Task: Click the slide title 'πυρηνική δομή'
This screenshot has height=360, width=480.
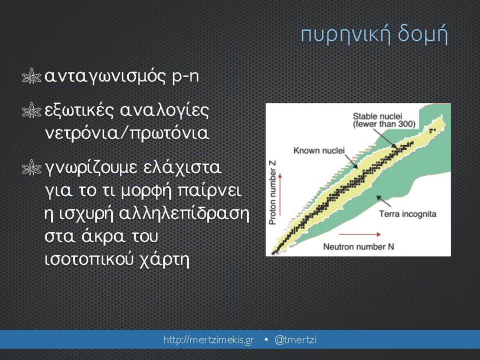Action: click(x=374, y=35)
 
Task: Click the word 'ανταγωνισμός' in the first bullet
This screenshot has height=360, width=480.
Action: click(x=105, y=76)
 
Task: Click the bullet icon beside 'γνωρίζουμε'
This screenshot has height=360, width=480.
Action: click(x=31, y=167)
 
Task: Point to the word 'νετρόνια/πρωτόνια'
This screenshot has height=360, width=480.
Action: click(x=127, y=133)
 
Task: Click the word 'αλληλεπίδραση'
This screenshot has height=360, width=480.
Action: click(x=184, y=213)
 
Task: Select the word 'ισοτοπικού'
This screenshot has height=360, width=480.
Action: click(x=89, y=260)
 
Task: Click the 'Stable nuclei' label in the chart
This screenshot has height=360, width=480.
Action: click(x=377, y=116)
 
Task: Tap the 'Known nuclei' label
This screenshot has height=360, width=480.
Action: click(x=319, y=150)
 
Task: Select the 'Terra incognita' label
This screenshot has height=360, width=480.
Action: click(x=408, y=214)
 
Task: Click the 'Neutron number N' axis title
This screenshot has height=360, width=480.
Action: click(x=358, y=246)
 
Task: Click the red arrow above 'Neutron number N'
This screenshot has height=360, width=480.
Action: click(x=360, y=234)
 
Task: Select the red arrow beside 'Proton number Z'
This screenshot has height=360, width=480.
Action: click(x=280, y=194)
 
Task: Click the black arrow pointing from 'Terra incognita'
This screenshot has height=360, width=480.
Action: click(x=383, y=201)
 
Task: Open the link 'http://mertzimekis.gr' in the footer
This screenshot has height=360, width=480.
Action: click(x=209, y=340)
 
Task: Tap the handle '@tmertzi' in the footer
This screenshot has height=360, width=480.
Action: click(x=295, y=340)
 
